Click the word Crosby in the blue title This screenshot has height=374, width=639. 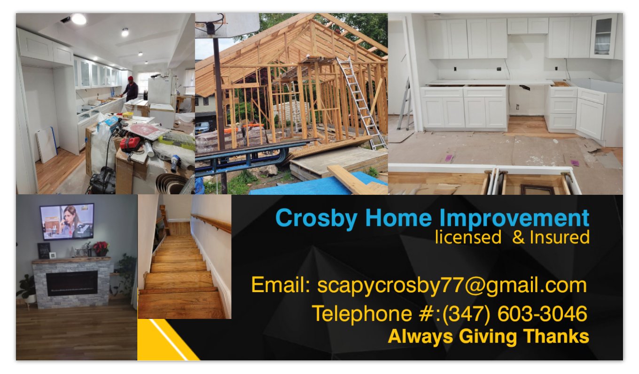pyautogui.click(x=316, y=218)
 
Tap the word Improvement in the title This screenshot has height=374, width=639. pyautogui.click(x=514, y=218)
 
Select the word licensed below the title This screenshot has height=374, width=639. pyautogui.click(x=468, y=237)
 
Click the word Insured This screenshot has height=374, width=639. pyautogui.click(x=560, y=237)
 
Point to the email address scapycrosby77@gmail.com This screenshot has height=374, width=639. pyautogui.click(x=452, y=285)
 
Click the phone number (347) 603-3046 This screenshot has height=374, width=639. pyautogui.click(x=514, y=314)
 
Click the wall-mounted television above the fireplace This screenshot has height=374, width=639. pyautogui.click(x=67, y=222)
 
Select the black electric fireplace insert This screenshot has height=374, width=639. pyautogui.click(x=72, y=283)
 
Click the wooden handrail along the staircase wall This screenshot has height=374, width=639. pyautogui.click(x=211, y=223)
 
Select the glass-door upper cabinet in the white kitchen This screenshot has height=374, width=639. pyautogui.click(x=604, y=36)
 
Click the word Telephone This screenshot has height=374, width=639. pyautogui.click(x=362, y=314)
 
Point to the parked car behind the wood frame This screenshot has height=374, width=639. pyautogui.click(x=203, y=126)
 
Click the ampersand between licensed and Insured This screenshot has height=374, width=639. pyautogui.click(x=518, y=238)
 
